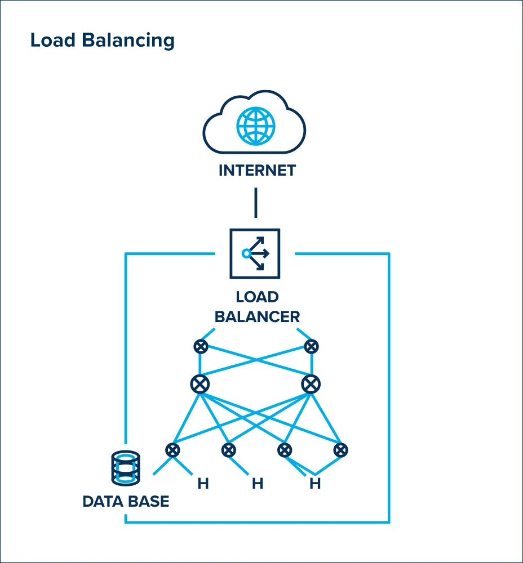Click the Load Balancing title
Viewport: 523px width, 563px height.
pyautogui.click(x=102, y=41)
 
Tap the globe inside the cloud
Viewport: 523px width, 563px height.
pyautogui.click(x=256, y=124)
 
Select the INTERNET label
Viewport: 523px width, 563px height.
pyautogui.click(x=257, y=171)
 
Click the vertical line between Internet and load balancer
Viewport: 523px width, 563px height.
pyautogui.click(x=256, y=203)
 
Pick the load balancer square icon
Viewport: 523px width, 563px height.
pyautogui.click(x=255, y=253)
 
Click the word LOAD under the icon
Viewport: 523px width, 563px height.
pyautogui.click(x=257, y=297)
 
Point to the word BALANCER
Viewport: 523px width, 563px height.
pyautogui.click(x=257, y=316)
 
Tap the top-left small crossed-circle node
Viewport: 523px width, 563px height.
pyautogui.click(x=201, y=346)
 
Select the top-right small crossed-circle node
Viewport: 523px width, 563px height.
pyautogui.click(x=311, y=346)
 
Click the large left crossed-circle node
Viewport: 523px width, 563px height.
pyautogui.click(x=200, y=385)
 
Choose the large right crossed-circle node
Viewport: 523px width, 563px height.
pyautogui.click(x=311, y=385)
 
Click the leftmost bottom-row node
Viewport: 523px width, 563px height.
pyautogui.click(x=172, y=450)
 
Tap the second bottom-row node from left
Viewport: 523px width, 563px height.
pyautogui.click(x=228, y=450)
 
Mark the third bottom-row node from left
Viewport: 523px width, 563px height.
pyautogui.click(x=285, y=450)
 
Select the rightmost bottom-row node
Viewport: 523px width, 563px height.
pyautogui.click(x=340, y=450)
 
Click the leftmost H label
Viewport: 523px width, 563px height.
pyautogui.click(x=203, y=484)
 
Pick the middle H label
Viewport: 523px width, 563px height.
pyautogui.click(x=258, y=484)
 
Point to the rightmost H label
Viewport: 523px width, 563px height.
pyautogui.click(x=315, y=484)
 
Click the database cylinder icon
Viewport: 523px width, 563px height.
pyautogui.click(x=125, y=467)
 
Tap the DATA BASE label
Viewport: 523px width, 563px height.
pyautogui.click(x=126, y=501)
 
